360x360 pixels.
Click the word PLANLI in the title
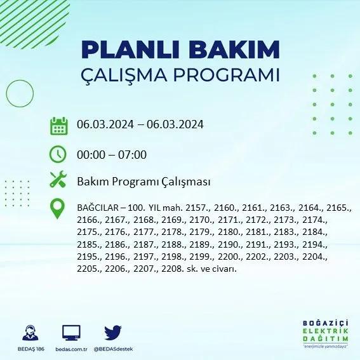(130, 50)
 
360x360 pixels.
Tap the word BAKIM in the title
(234, 50)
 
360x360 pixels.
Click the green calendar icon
(59, 126)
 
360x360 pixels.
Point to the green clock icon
(58, 154)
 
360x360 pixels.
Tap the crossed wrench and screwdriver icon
(58, 179)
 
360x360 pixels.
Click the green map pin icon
(57, 208)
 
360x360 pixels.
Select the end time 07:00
(132, 154)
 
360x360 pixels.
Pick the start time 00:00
(91, 154)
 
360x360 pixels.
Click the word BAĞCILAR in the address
(98, 208)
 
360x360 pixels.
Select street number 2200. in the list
(230, 257)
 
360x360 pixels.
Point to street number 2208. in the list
(172, 269)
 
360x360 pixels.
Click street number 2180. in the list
(230, 232)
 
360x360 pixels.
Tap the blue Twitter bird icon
(113, 333)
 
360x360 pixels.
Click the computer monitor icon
(71, 333)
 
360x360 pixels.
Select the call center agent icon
(30, 333)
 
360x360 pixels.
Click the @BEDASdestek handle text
(113, 349)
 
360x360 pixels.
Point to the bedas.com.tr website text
(71, 349)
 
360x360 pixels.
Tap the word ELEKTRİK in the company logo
(325, 331)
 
